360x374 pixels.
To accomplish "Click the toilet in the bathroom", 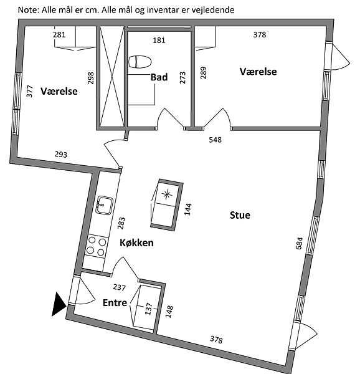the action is (x=140, y=62).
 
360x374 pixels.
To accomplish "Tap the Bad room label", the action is (x=159, y=77).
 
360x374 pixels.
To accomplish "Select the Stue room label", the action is (x=240, y=215).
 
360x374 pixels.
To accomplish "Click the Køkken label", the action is (x=136, y=243).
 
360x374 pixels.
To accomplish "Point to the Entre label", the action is (x=115, y=303).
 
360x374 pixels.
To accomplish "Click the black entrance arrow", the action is (x=59, y=304).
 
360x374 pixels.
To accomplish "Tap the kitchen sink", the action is (x=104, y=205).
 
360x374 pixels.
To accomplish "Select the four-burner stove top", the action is (x=97, y=246).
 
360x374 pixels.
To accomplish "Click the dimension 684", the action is (x=299, y=243).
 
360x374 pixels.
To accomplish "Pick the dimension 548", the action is (x=215, y=140).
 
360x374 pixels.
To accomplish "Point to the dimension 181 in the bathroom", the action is (x=159, y=40).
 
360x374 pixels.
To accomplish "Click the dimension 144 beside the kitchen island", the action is (x=187, y=209).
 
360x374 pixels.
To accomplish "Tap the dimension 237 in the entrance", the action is (x=120, y=287).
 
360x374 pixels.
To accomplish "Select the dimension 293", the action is (x=61, y=155).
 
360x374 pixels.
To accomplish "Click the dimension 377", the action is (x=29, y=91).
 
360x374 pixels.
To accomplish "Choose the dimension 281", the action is (x=59, y=35).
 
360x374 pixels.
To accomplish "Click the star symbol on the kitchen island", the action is (x=167, y=194).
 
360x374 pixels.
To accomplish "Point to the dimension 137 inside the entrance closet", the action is (x=148, y=309).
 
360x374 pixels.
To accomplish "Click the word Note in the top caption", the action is (x=27, y=10).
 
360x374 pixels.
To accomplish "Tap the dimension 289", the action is (x=203, y=73).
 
